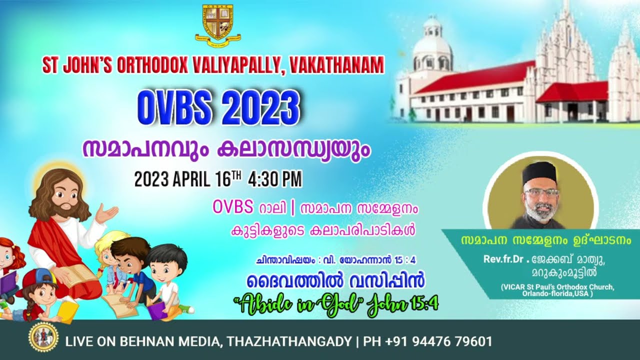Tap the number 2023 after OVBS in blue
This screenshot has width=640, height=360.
tap(258, 107)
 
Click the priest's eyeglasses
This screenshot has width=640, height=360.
tap(541, 192)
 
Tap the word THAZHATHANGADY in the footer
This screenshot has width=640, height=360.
tap(289, 342)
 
